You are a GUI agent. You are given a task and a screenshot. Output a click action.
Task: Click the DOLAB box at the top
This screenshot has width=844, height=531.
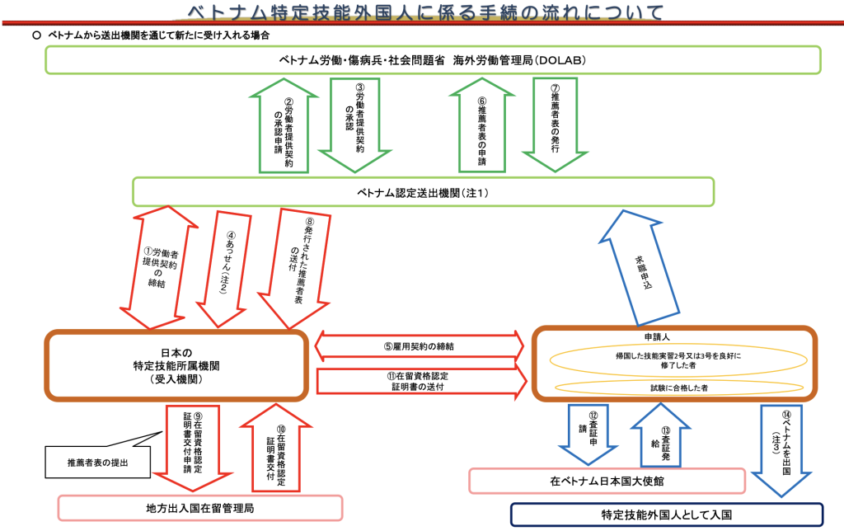tap(433, 60)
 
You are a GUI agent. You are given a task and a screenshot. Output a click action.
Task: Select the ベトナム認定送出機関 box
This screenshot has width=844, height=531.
tap(424, 192)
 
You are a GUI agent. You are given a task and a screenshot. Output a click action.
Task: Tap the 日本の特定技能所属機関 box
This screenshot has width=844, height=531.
tap(176, 364)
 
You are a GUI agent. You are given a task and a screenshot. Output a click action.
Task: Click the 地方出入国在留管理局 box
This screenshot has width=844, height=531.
tap(199, 508)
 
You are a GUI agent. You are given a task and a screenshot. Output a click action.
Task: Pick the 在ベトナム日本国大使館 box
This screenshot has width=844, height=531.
tap(607, 481)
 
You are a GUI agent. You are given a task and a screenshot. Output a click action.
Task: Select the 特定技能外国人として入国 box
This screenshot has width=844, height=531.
tap(667, 515)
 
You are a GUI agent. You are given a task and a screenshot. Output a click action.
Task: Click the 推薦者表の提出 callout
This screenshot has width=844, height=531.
tap(97, 463)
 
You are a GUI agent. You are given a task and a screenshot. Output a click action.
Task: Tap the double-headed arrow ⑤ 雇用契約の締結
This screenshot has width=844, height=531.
tap(420, 346)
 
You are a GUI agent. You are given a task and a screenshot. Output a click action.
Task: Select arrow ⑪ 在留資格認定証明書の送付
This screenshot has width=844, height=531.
tap(420, 381)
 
